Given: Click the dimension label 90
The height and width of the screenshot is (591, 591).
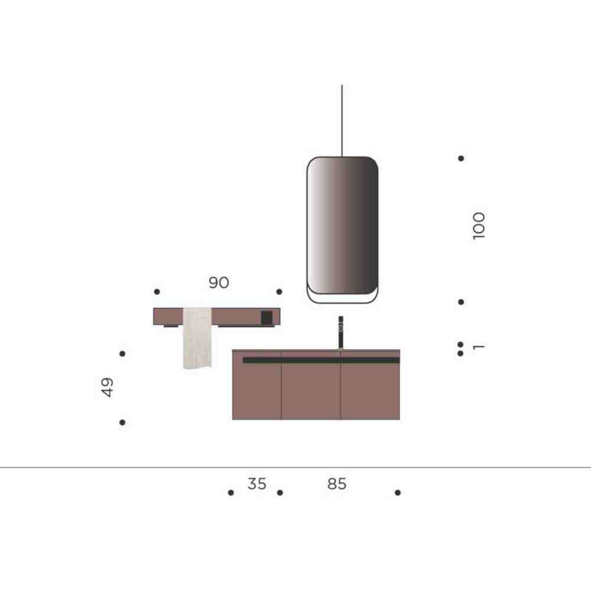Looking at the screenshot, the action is click(x=219, y=282).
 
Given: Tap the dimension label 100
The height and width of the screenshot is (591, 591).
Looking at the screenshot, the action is click(x=479, y=226).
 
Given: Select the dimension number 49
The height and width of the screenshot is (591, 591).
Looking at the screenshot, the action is click(x=108, y=387).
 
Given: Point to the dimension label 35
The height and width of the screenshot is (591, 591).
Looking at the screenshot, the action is click(x=256, y=483).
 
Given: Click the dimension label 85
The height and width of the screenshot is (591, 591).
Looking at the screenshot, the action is click(x=337, y=483).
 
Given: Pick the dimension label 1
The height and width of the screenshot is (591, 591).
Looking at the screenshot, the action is click(x=479, y=347).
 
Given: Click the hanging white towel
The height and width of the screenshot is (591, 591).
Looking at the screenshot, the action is click(x=197, y=338).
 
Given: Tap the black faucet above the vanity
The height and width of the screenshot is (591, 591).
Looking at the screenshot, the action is click(x=341, y=332).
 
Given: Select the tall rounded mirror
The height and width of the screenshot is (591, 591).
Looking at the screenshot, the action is click(x=342, y=230).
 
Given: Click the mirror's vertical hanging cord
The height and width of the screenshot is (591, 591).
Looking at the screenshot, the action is click(x=342, y=121).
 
